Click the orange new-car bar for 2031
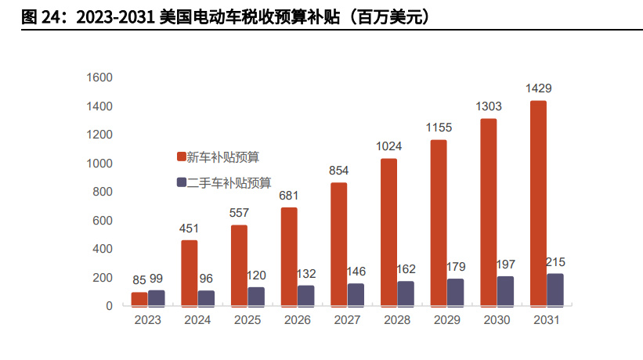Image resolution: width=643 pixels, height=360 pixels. point(538,203)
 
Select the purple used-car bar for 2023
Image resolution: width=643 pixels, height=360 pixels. point(157,297)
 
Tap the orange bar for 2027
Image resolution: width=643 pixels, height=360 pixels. point(338,243)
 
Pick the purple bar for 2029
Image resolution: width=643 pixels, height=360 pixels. point(456,292)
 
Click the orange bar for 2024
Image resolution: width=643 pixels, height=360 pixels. point(189,272)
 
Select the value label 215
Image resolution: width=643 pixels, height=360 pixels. point(555,262)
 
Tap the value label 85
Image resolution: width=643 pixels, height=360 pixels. point(139,279)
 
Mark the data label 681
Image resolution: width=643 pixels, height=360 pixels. point(289,195)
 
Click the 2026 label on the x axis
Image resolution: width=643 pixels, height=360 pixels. point(298,320)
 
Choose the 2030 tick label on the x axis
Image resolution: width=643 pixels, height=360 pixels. point(497,320)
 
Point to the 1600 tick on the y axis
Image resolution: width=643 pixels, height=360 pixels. point(99,77)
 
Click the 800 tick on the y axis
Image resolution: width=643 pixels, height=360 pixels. point(103,192)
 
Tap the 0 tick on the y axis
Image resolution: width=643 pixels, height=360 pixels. point(110,306)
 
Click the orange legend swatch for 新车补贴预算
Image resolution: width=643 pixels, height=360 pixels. point(179,157)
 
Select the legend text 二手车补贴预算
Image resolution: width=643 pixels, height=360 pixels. point(229,182)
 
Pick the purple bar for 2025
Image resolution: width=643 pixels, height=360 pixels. point(256,296)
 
